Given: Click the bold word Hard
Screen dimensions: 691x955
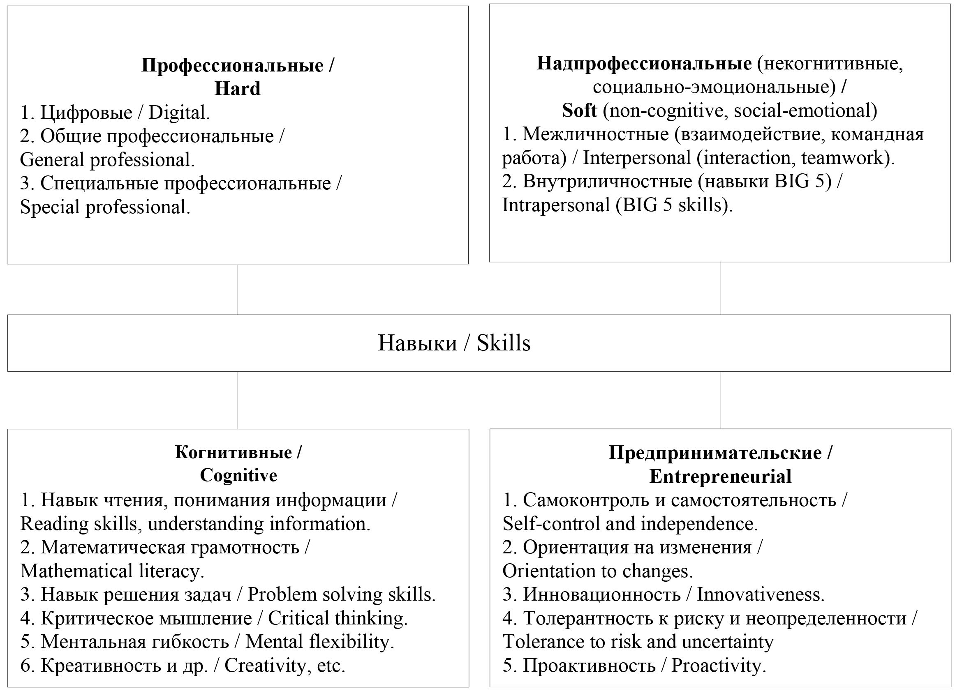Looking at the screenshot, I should click(238, 89).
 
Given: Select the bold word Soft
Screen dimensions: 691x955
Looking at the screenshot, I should click(579, 111).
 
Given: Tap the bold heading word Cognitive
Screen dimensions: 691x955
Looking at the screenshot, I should click(238, 476).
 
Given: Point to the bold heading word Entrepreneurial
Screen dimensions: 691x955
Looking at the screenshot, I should click(720, 477).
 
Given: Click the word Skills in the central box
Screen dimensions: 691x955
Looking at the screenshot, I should click(503, 343).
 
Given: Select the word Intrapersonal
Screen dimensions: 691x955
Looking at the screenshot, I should click(556, 205).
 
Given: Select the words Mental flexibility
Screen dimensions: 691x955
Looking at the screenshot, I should click(319, 642).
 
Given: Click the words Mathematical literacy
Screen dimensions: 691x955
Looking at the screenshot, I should click(111, 571).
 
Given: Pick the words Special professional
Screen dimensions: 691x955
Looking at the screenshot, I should click(104, 207).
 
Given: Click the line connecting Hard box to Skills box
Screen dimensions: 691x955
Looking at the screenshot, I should click(237, 290).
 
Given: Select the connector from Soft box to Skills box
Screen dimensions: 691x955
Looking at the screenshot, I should click(721, 288).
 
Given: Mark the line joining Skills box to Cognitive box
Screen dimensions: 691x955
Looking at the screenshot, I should click(237, 400).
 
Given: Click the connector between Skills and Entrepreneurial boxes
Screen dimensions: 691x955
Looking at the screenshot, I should click(721, 400).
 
